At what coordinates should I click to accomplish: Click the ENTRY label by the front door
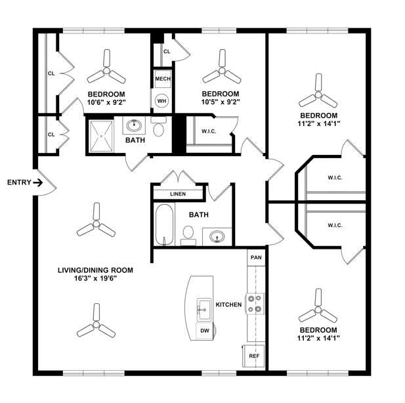point(18,182)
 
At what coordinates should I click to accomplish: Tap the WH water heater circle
point(161,101)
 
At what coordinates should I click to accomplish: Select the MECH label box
point(162,79)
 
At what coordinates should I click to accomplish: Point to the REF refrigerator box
point(255,356)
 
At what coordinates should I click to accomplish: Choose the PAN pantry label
point(256,257)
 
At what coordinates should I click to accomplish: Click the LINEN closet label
point(178,194)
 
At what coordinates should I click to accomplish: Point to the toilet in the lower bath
point(188,234)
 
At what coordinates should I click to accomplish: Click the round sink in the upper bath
point(135,124)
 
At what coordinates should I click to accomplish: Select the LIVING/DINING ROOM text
point(96,270)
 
